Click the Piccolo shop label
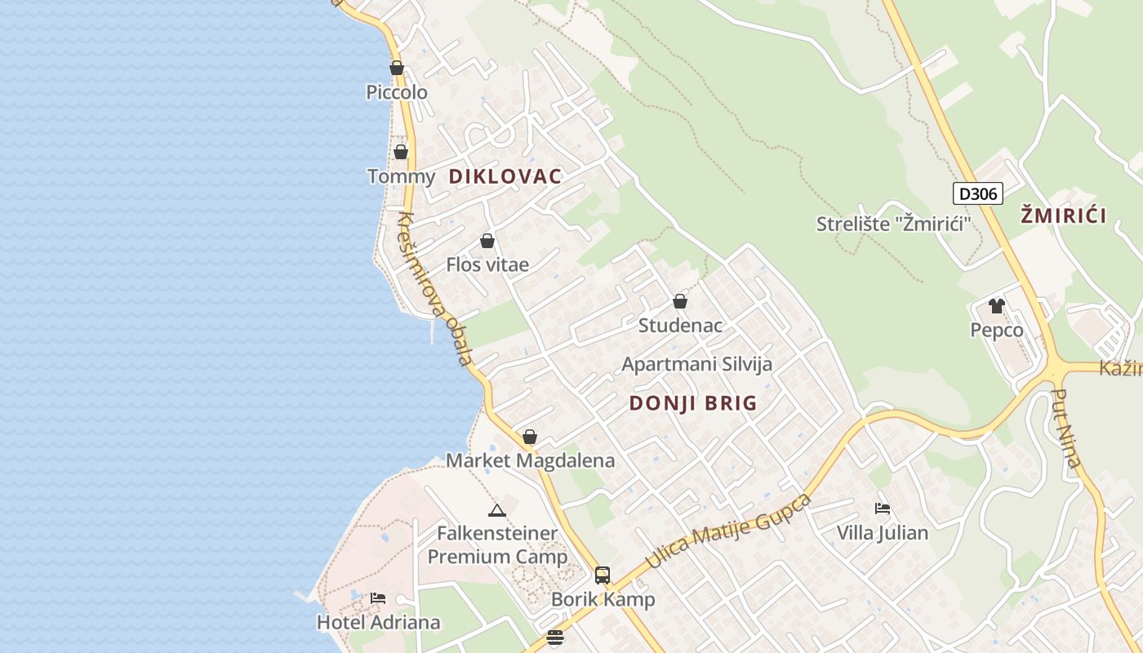tap(397, 92)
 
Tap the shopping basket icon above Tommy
tap(401, 152)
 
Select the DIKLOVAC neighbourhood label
tap(505, 176)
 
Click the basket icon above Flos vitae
tap(487, 241)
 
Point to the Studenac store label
tap(680, 326)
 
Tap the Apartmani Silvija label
tap(696, 364)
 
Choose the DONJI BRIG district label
tap(693, 402)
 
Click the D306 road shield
tap(977, 193)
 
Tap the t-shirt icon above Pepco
tap(996, 306)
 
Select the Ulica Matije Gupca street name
tap(728, 531)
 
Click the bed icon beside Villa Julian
tap(883, 508)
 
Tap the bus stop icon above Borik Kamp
tap(603, 575)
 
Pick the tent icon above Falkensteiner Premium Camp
tap(496, 510)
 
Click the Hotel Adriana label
tap(378, 622)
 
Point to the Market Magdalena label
tap(530, 460)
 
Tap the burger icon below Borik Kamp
tap(555, 637)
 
